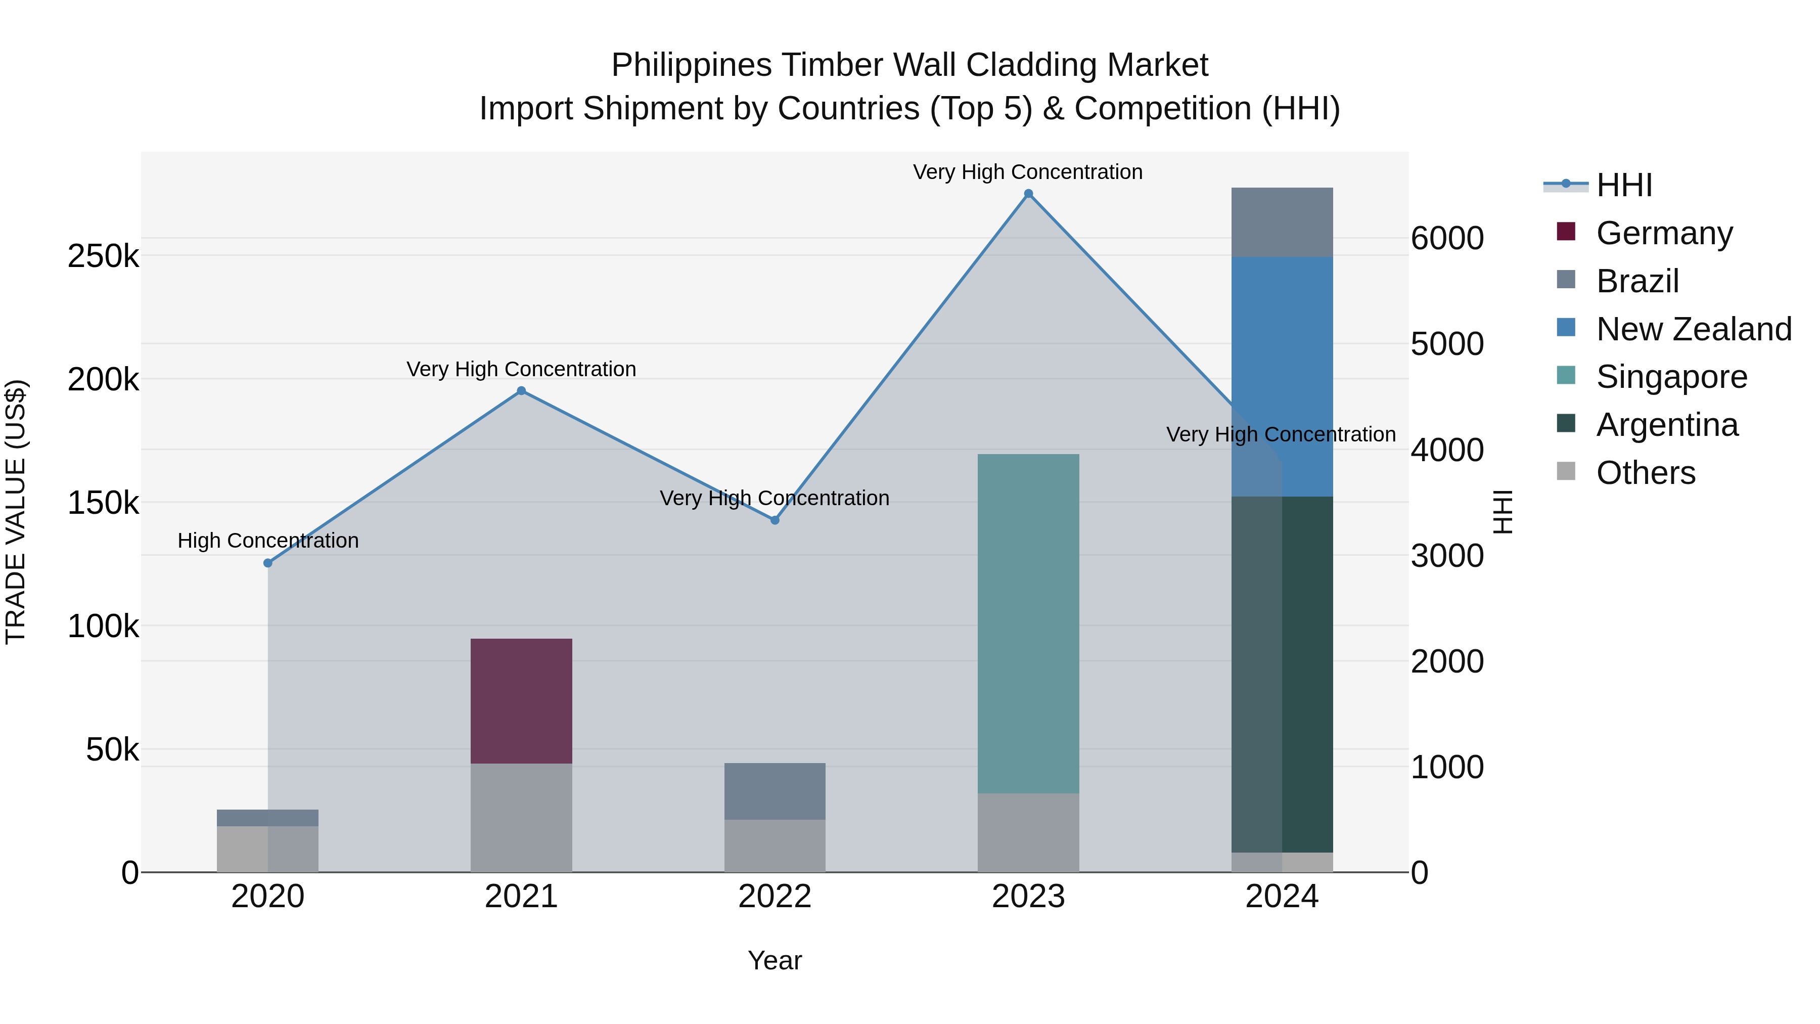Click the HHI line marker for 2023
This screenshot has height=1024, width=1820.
point(1028,194)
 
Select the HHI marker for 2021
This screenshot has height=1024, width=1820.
point(521,391)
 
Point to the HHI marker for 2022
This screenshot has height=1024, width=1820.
point(775,520)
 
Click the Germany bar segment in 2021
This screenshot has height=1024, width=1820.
point(521,700)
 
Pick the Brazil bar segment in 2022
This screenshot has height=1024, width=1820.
point(775,791)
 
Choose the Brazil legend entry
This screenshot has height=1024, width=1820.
point(1636,281)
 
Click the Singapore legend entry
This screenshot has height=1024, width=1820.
point(1671,377)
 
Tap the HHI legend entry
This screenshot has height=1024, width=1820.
point(1623,185)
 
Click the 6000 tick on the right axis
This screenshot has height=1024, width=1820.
point(1447,238)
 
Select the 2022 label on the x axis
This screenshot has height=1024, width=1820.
point(775,897)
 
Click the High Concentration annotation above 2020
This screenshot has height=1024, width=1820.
point(268,541)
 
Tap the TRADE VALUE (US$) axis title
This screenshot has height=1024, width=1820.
point(16,512)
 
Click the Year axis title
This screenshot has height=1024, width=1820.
point(775,960)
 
